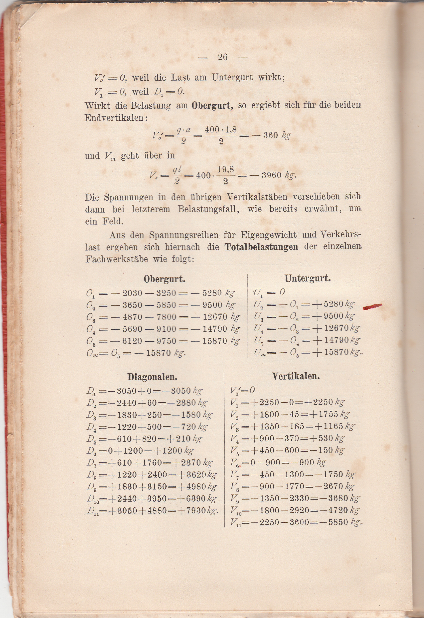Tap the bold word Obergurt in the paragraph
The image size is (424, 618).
point(212,105)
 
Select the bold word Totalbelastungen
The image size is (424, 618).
point(261,247)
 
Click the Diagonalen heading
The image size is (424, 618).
point(152,377)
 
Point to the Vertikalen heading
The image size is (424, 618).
point(295,376)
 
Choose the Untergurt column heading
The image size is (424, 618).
point(307,278)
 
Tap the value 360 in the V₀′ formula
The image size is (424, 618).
point(270,135)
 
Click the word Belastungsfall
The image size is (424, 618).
point(208,209)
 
